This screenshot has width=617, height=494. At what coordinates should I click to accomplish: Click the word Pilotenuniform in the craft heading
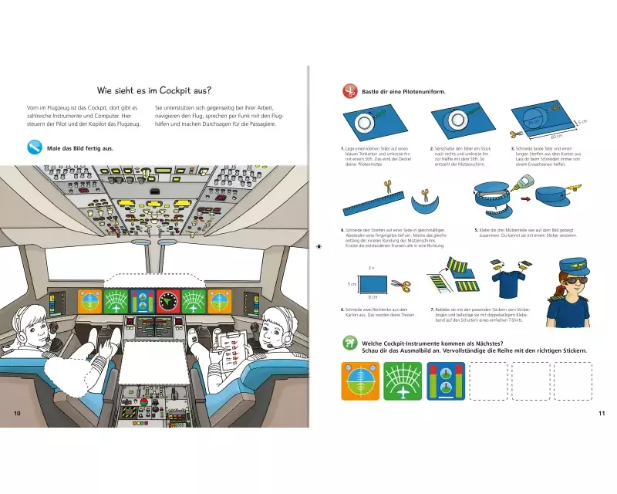(421, 92)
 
